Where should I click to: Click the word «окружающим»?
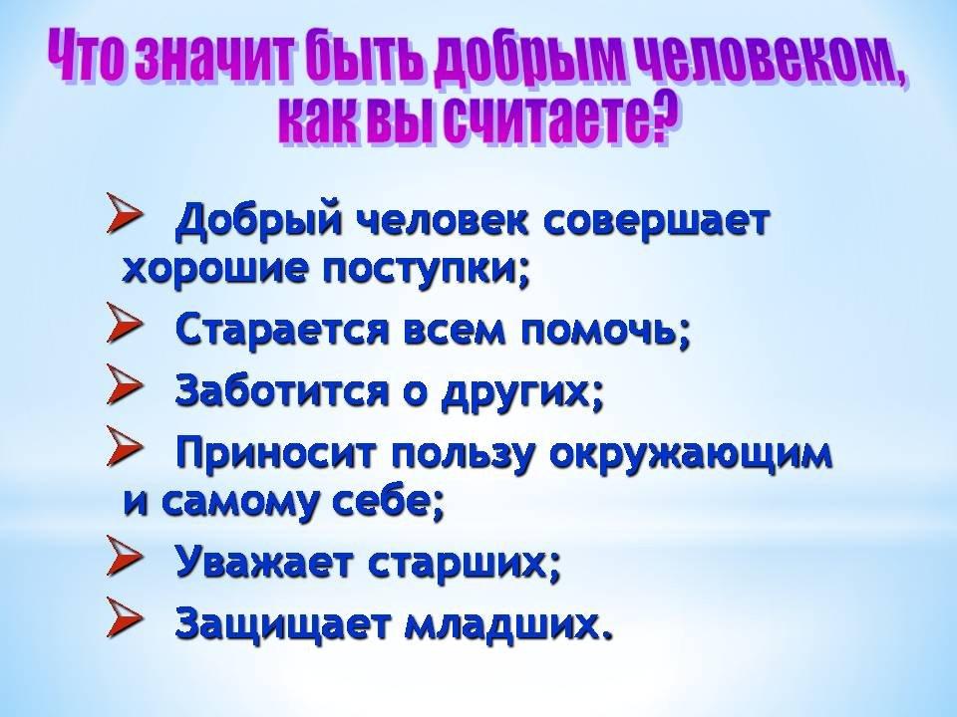692,455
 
